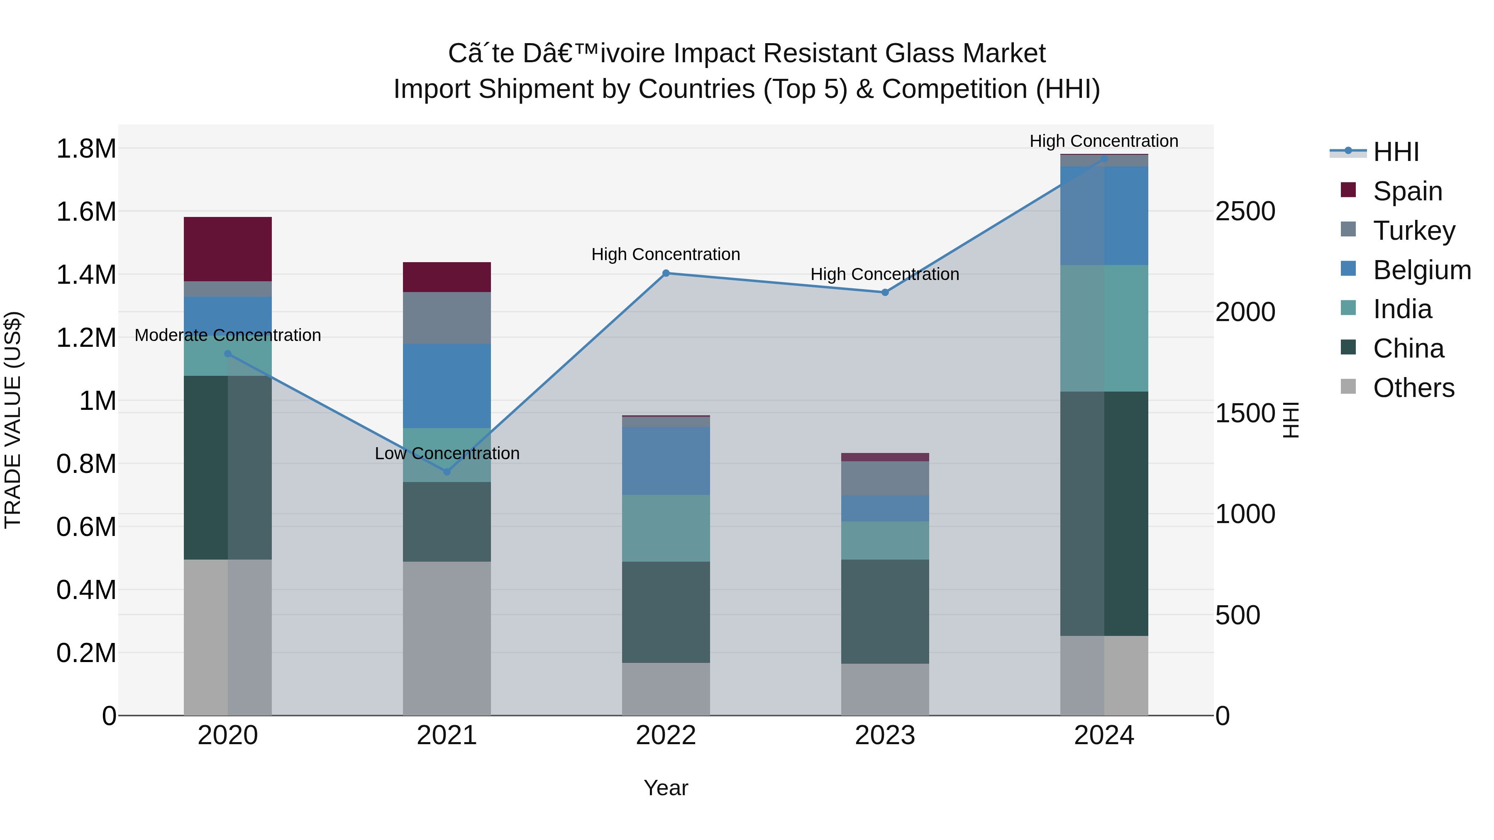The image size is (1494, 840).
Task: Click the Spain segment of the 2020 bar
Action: click(x=227, y=249)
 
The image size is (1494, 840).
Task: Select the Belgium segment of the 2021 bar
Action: click(x=447, y=385)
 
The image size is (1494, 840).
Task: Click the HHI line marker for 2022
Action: click(x=666, y=273)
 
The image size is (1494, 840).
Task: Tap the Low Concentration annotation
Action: click(x=447, y=453)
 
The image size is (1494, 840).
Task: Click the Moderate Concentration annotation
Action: click(x=227, y=335)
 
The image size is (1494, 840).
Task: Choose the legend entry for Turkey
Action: click(x=1413, y=230)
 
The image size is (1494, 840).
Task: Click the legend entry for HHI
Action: click(x=1395, y=152)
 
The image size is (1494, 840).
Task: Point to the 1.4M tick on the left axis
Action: click(x=86, y=274)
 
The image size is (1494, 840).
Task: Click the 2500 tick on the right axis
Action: click(x=1245, y=211)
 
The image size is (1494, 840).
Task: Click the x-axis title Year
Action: click(x=666, y=788)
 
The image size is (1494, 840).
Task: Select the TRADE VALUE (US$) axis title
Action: click(x=13, y=420)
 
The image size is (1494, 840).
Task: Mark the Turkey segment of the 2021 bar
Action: click(x=447, y=318)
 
